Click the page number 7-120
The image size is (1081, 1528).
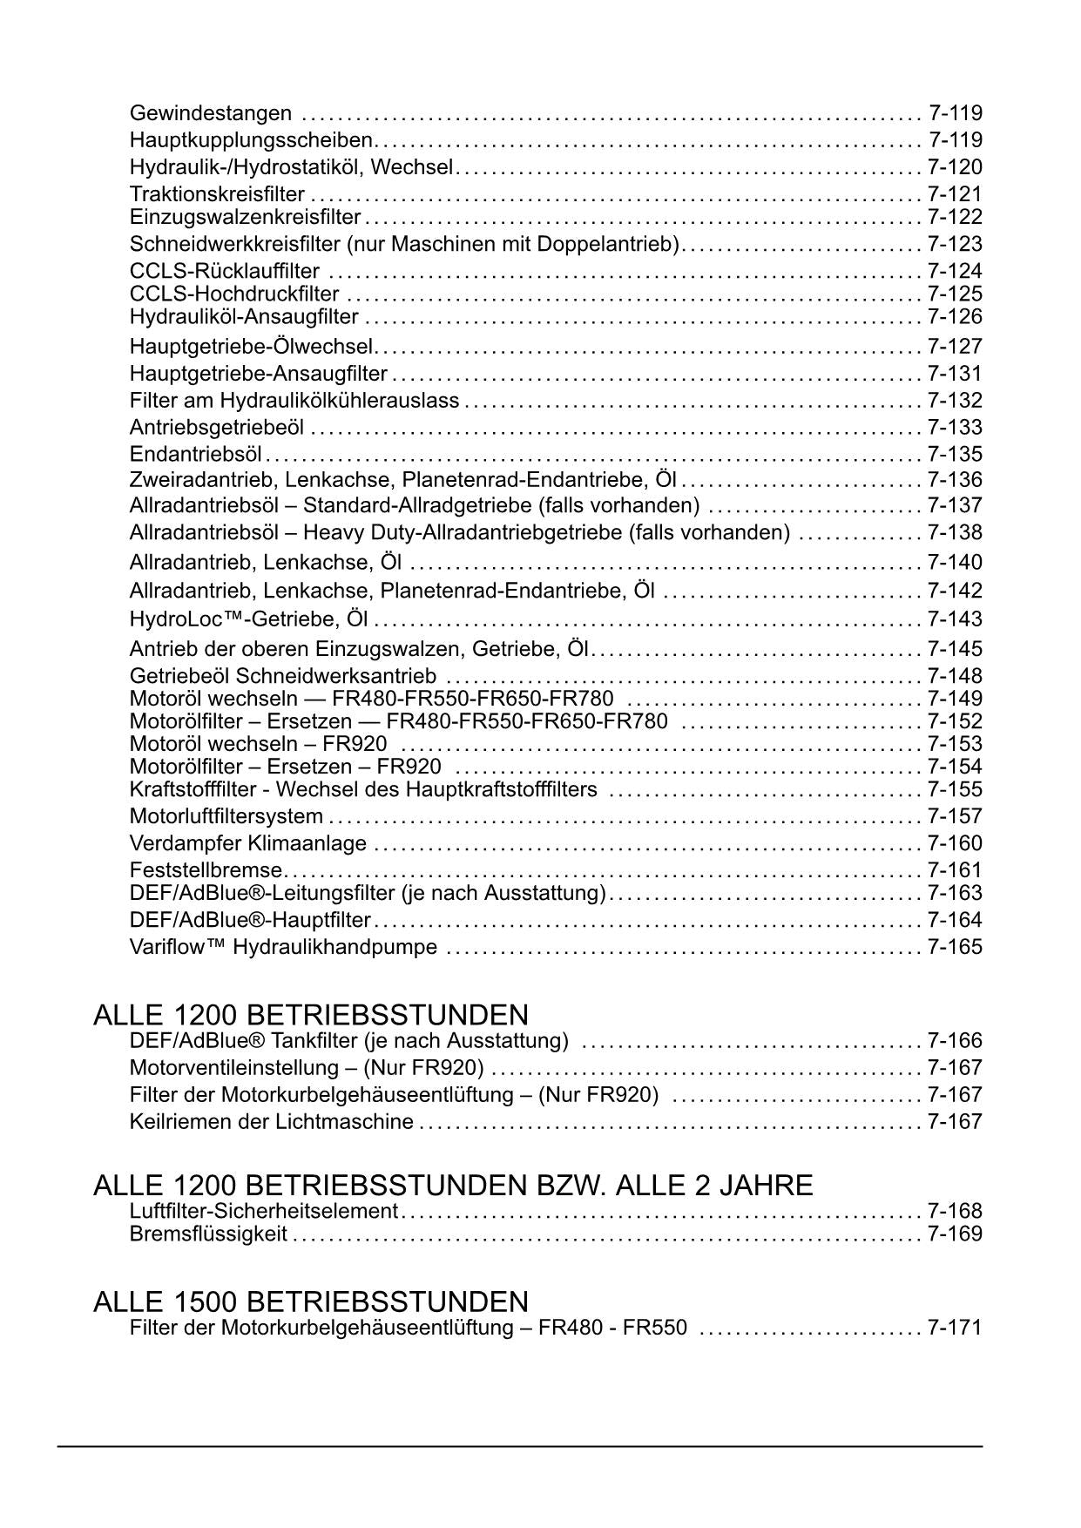955,167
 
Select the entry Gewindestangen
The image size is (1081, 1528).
211,113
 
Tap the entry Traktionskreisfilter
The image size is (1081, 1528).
217,194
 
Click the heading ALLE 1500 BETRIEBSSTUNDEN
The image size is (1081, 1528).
311,1302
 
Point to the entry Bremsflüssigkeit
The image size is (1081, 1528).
208,1234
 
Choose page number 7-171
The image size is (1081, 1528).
955,1328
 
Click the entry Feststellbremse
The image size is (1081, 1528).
206,870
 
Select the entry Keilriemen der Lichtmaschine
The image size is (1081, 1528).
271,1121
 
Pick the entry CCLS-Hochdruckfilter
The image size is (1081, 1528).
234,294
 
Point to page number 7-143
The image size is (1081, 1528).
955,619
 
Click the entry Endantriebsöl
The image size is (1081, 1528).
196,454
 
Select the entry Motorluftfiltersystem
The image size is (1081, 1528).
226,816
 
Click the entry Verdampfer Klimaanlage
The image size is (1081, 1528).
248,843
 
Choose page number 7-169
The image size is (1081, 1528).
955,1234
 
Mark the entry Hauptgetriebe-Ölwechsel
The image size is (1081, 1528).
251,347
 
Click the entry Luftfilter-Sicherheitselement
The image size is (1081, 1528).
263,1211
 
